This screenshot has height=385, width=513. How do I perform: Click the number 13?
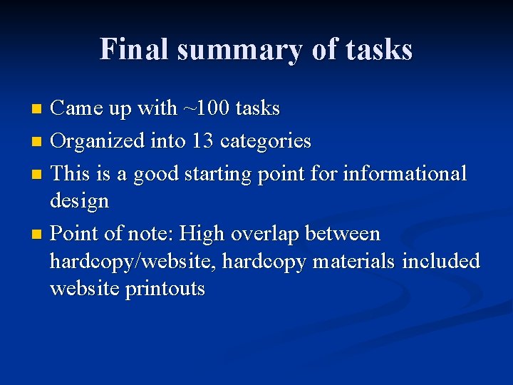(202, 141)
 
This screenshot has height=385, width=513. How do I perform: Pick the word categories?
(266, 142)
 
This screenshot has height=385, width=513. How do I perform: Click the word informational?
(405, 173)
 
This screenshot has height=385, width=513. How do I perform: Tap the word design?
(79, 201)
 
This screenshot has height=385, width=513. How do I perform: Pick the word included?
(441, 262)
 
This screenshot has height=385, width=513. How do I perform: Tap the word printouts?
(165, 289)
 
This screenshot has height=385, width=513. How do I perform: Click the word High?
(201, 234)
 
